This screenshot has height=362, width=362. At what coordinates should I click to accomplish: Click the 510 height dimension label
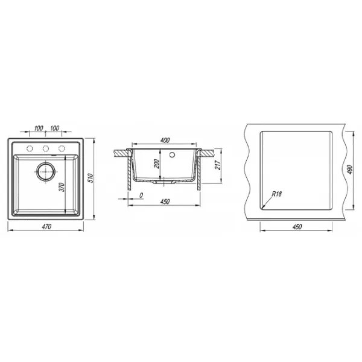point(91,178)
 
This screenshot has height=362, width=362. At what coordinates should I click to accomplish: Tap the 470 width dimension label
point(46,227)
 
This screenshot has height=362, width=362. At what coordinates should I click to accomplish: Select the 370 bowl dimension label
point(62,187)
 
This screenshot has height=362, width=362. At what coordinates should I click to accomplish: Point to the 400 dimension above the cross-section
point(165,140)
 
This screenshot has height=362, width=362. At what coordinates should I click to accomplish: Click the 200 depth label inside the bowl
point(156,164)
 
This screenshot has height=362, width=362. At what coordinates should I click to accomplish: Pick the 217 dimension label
point(218,165)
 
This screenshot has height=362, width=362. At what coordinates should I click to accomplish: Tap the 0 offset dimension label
point(141,195)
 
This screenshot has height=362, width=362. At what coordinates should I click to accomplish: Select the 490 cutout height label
point(350,170)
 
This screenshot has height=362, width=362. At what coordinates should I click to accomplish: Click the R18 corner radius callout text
point(276,194)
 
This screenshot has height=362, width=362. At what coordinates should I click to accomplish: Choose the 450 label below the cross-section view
point(165,202)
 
